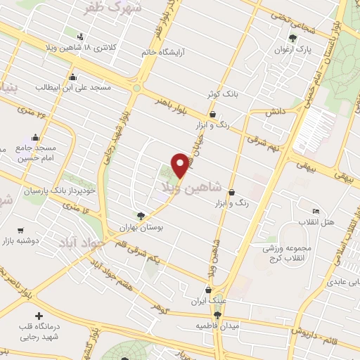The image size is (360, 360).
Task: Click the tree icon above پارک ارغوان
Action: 293,38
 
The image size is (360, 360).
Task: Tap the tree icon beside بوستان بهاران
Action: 141,217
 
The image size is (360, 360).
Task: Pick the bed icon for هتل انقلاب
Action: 316,211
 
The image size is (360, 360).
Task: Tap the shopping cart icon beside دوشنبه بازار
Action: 20,229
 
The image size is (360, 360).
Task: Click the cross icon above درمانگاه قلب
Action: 38,316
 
